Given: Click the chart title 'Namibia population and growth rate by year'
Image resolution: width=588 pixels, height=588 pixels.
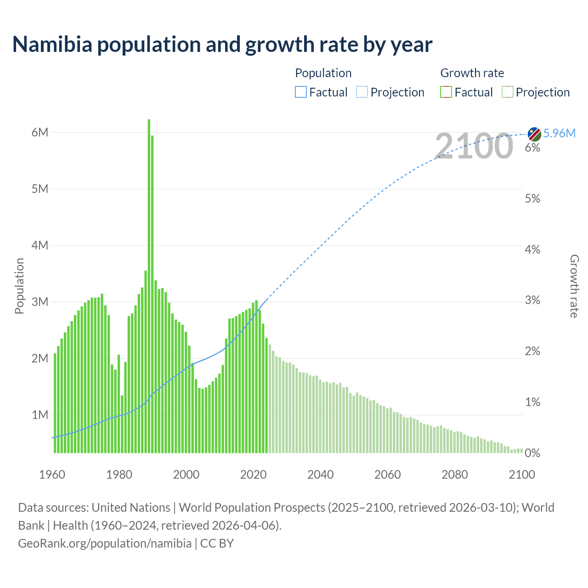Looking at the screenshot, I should point(222,45).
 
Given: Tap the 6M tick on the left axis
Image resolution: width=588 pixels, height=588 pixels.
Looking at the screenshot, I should point(40,132).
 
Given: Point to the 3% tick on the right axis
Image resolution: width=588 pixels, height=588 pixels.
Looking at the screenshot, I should point(532,300).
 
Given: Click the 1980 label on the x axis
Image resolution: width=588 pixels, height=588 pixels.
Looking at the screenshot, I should point(119,475).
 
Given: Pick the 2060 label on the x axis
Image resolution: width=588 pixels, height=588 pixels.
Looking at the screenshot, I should point(388,475).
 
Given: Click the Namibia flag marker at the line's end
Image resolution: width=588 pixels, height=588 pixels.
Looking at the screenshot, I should point(534,134).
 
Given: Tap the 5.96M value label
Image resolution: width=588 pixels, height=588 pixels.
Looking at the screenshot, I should point(559,133).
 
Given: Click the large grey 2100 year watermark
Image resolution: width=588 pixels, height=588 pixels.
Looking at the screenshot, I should point(474,146).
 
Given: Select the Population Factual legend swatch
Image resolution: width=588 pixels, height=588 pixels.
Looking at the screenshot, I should point(300,92).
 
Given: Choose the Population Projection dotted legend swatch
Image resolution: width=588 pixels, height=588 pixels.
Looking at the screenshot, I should point(362,92).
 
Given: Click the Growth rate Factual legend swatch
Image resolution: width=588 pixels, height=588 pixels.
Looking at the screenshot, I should point(446,92).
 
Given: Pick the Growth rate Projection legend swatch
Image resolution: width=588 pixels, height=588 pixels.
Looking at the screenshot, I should point(508,92).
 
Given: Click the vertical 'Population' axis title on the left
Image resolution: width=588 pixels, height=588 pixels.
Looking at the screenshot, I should point(19,286).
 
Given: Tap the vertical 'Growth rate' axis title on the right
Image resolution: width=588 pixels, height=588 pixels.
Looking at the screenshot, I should point(574,286).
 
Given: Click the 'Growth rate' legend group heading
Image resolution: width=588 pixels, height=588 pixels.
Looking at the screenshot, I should point(472,73).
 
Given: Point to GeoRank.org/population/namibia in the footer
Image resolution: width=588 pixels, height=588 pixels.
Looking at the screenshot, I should point(105,543).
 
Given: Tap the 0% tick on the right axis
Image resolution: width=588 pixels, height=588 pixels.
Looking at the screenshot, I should point(532,453).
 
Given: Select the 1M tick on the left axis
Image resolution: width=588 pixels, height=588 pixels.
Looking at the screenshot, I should point(40,415).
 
